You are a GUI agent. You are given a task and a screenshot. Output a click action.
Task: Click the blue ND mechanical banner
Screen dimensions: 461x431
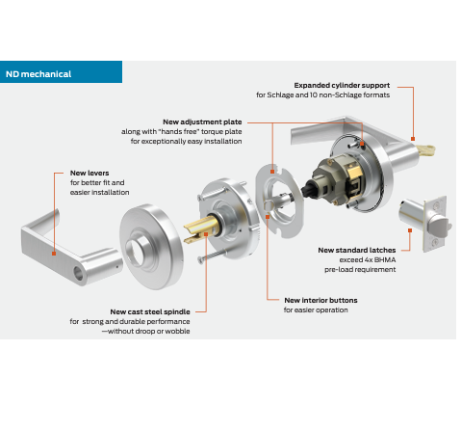click(61, 72)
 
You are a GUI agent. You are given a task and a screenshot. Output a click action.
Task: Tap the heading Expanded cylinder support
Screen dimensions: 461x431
click(342, 86)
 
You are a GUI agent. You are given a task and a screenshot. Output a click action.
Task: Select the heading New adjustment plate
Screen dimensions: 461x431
click(202, 122)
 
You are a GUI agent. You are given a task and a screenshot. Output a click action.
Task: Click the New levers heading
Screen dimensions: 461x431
click(90, 173)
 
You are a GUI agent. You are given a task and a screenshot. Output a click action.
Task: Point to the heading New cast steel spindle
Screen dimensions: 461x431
click(150, 312)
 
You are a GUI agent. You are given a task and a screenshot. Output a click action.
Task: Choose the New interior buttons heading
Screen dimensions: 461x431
click(320, 300)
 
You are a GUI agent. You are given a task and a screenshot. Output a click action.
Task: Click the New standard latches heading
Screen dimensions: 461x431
click(357, 250)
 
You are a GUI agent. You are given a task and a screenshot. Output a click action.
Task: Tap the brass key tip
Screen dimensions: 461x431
click(426, 150)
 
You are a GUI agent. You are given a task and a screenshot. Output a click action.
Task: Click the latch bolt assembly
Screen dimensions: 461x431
click(424, 223)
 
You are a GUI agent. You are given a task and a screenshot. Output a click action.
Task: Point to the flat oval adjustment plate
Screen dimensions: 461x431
click(279, 201)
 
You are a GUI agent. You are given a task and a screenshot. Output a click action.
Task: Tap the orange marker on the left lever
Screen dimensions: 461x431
click(54, 254)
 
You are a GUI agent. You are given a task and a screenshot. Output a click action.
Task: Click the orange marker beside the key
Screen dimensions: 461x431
click(413, 139)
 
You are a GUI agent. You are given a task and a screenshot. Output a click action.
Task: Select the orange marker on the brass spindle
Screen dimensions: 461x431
click(206, 234)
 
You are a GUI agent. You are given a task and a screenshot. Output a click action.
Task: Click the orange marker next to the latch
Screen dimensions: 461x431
click(410, 230)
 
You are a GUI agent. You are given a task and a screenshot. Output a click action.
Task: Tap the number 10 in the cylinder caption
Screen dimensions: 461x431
click(314, 95)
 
